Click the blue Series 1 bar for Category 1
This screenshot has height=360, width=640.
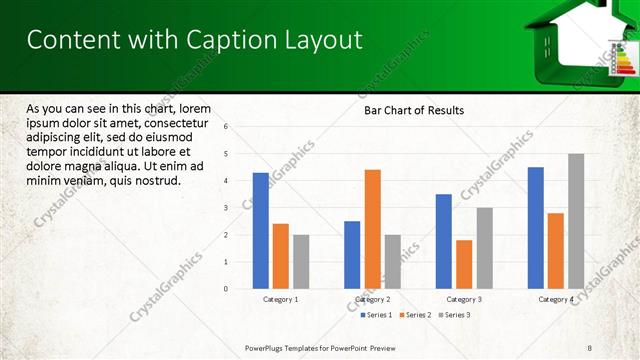260,230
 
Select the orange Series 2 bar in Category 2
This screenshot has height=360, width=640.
372,229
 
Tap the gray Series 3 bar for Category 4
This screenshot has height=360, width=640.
576,221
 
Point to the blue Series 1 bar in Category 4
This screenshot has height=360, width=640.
536,227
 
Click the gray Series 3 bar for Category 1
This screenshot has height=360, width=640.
301,261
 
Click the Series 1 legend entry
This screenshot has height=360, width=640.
376,315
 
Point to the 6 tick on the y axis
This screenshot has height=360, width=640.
226,127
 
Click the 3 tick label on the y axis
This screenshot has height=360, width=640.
226,208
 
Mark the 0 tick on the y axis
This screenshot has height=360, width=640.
226,289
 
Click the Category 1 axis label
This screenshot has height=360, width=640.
280,299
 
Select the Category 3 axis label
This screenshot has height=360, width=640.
464,299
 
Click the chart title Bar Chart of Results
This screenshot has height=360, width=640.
413,110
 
